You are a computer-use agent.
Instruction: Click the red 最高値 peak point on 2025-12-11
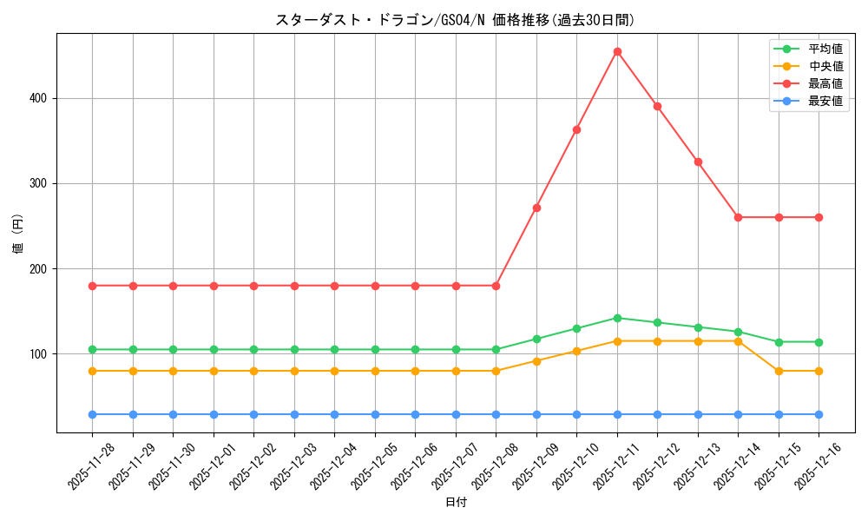[617, 51]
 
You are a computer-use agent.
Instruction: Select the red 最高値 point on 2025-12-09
[536, 208]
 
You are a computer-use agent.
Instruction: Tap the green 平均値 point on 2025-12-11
[617, 318]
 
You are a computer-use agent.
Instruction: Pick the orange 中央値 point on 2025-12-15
[779, 371]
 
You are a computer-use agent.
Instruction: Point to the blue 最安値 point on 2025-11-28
[93, 414]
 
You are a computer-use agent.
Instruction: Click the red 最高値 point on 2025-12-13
[698, 162]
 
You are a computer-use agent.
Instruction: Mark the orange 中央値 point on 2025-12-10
[576, 351]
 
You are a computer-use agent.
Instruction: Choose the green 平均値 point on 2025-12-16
[819, 342]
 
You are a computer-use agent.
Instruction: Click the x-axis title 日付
[456, 503]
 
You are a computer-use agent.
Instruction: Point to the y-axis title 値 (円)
[18, 234]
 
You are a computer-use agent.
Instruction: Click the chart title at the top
[456, 20]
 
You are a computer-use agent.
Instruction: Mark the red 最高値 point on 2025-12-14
[738, 217]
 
